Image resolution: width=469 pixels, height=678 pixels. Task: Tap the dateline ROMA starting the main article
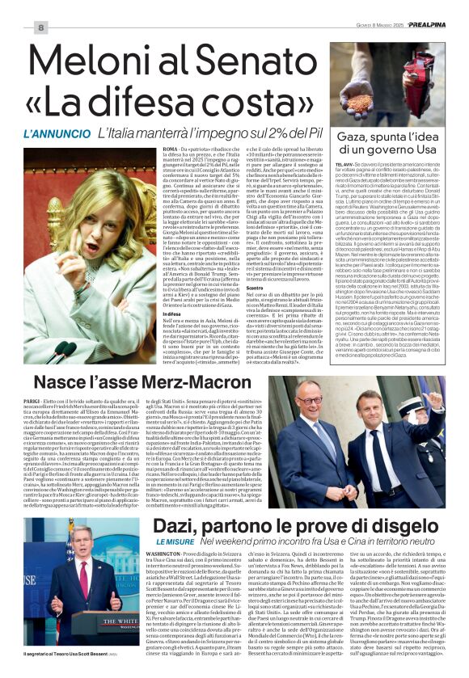tap(148, 150)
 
